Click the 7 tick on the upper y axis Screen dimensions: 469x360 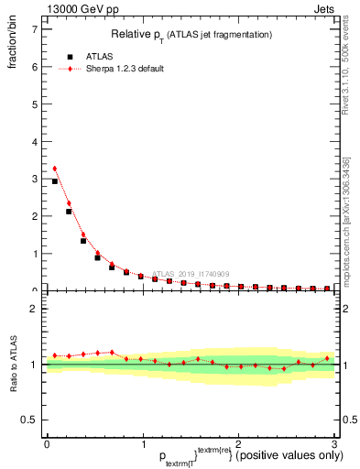pos(34,29)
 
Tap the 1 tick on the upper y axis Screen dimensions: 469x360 pos(34,254)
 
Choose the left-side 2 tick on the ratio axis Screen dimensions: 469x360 pos(34,309)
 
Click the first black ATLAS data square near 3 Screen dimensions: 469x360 pos(55,181)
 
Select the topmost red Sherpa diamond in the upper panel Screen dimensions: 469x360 pos(55,169)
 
